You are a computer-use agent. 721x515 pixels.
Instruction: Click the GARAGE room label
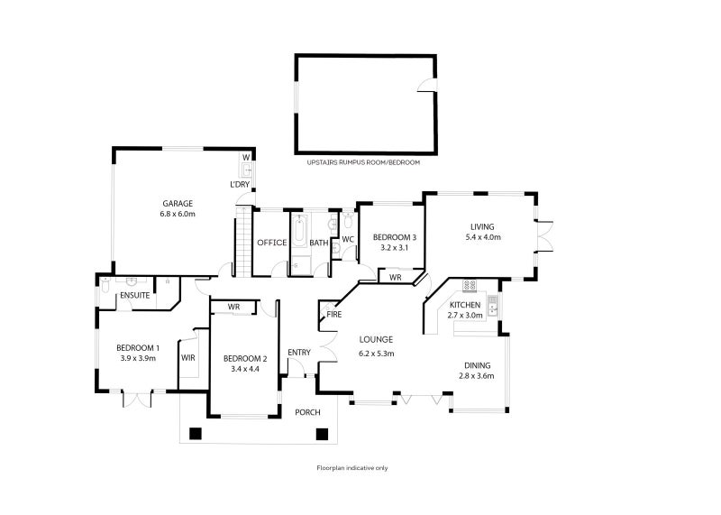point(178,203)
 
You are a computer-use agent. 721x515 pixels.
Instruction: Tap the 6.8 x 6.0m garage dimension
point(178,214)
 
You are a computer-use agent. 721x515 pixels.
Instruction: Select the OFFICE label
point(271,243)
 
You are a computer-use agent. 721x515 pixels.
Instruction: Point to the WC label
point(348,239)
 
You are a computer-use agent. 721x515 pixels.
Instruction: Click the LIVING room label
point(482,226)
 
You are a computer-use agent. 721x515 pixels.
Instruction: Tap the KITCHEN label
point(465,305)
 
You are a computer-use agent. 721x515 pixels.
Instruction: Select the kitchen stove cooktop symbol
point(469,286)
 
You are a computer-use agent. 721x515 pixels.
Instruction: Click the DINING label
point(478,365)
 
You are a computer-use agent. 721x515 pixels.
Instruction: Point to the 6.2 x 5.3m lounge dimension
point(377,353)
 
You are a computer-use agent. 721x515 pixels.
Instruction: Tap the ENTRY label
point(298,352)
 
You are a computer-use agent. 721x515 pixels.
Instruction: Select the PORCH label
point(307,412)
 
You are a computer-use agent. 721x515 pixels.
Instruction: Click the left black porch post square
point(195,433)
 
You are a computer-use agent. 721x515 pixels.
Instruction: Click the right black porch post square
point(322,433)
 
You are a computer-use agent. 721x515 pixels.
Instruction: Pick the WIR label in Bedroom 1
point(188,358)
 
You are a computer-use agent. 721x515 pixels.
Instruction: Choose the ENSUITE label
point(133,294)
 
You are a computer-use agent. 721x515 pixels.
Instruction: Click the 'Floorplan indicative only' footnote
point(351,468)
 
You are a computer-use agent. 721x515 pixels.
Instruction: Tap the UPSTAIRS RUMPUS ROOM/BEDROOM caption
point(363,162)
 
